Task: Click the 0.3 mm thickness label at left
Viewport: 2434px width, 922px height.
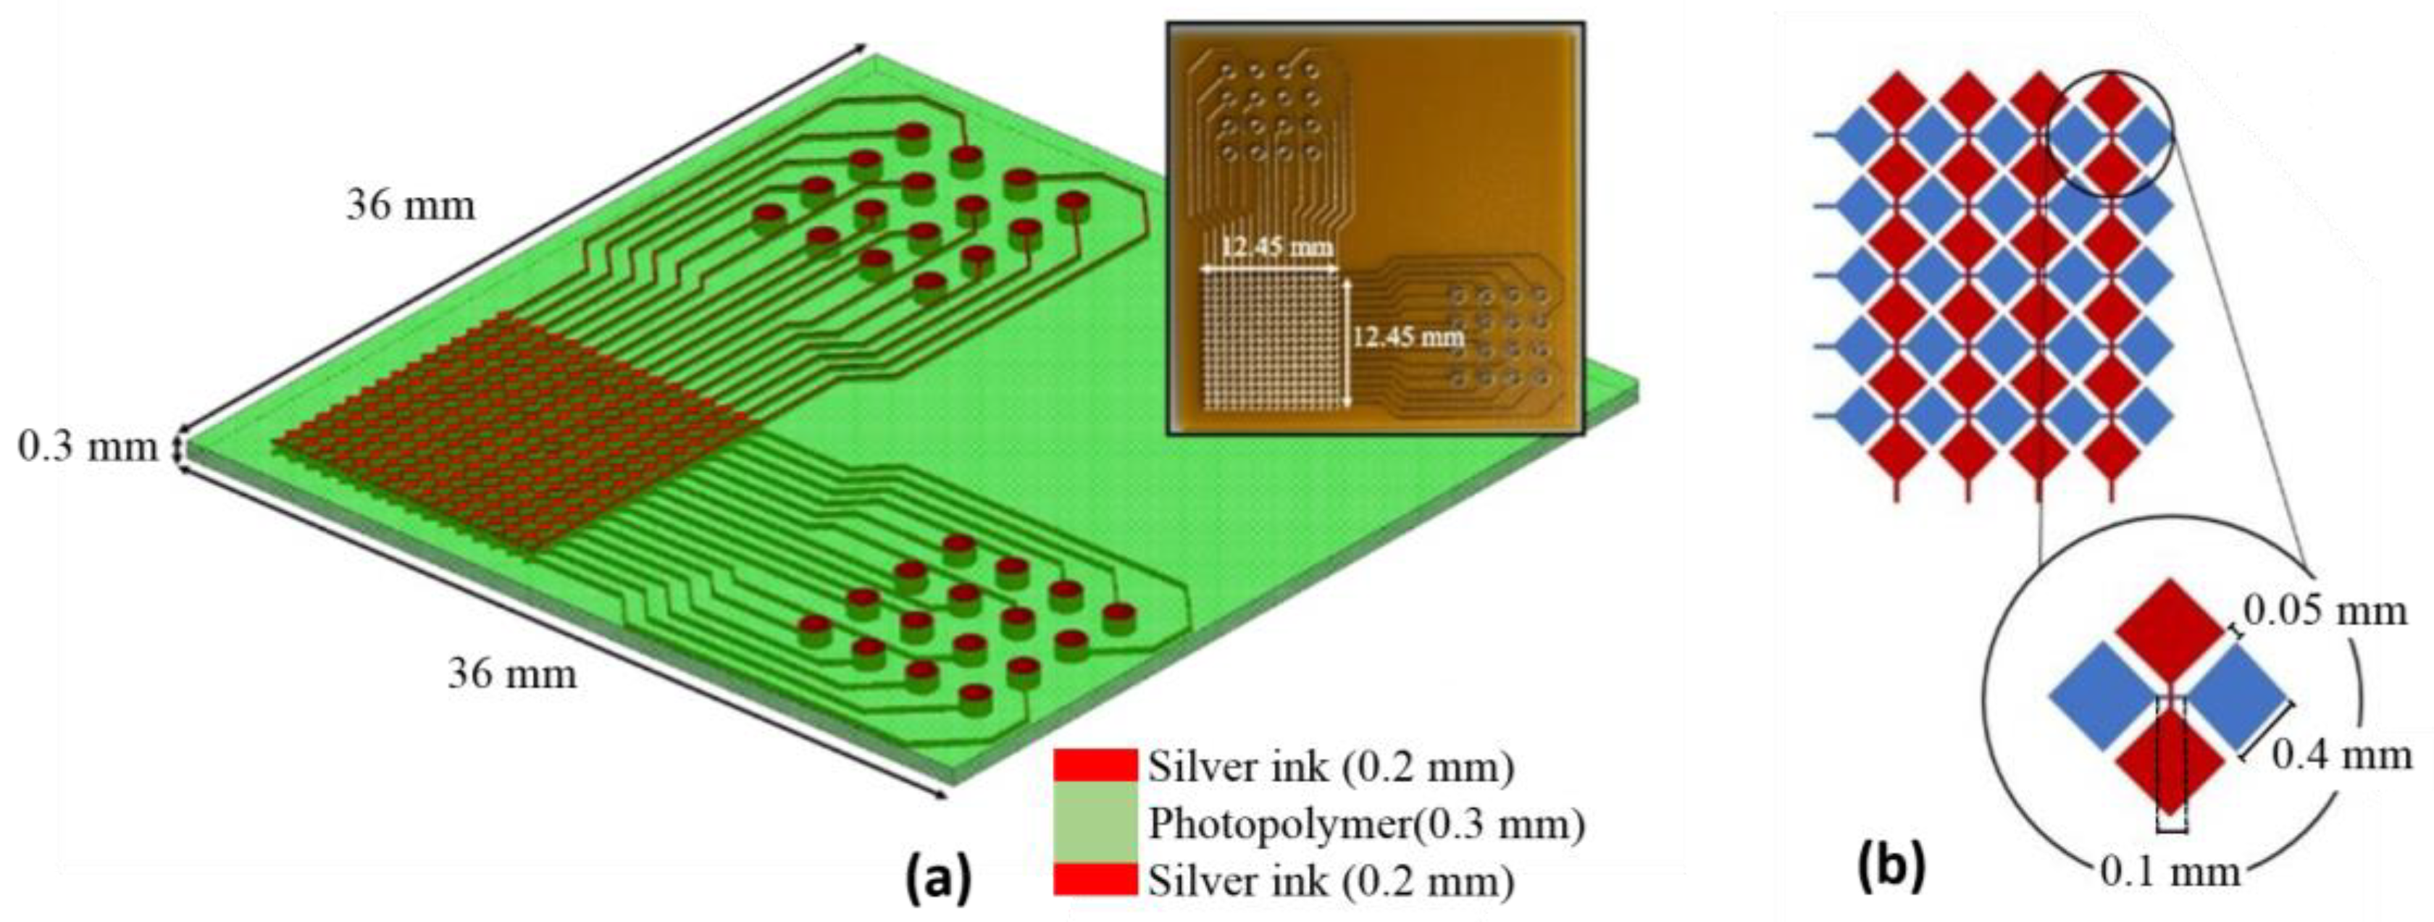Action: [x=88, y=447]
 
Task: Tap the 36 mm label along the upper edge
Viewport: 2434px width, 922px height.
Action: [x=410, y=205]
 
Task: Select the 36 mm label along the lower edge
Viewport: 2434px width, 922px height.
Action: [x=512, y=674]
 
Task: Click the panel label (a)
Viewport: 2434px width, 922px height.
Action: [x=937, y=879]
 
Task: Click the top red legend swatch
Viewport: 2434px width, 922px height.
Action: [x=1095, y=765]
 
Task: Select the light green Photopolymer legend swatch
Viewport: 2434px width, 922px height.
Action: [x=1095, y=823]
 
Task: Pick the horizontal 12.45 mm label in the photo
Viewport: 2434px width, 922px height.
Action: [x=1276, y=248]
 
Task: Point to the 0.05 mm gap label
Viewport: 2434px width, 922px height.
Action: [x=2325, y=612]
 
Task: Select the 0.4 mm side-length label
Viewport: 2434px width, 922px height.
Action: [x=2341, y=755]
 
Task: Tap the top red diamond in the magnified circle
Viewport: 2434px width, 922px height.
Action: [x=2170, y=628]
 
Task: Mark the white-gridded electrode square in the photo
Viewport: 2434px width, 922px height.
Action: [x=1271, y=341]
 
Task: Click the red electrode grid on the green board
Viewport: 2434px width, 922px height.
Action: [x=510, y=435]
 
